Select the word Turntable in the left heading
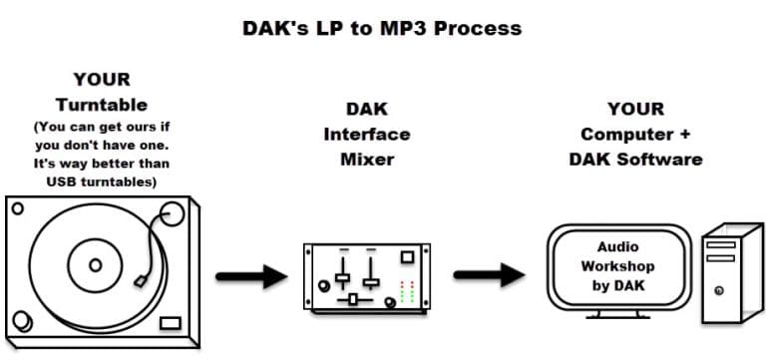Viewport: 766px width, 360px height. click(x=101, y=104)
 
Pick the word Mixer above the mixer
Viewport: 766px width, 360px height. click(x=366, y=158)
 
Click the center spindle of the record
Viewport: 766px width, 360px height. click(x=96, y=265)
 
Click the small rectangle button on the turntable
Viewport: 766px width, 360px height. click(x=171, y=323)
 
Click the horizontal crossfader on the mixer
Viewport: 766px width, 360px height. click(x=352, y=298)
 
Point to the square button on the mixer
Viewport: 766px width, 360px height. click(x=407, y=257)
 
